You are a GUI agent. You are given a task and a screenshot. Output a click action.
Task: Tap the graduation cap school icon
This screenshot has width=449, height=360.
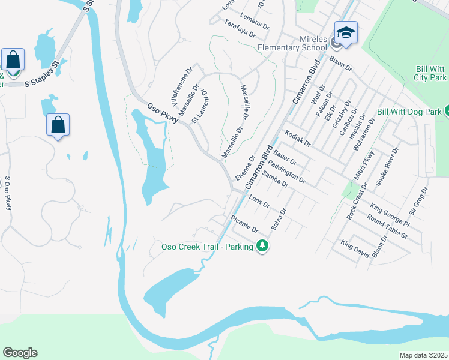coord(346,33)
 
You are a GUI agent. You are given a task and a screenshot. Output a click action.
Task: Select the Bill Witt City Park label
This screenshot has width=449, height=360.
coord(430,74)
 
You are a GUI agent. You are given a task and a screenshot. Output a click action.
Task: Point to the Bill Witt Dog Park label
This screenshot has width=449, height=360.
coord(409,112)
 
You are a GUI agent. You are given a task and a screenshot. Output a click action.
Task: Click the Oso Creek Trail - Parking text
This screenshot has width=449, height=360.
coord(208,247)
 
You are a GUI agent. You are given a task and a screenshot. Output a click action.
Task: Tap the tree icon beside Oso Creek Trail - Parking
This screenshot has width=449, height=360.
coord(262,246)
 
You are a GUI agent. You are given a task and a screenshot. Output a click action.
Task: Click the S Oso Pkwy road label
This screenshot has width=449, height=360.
coord(8,193)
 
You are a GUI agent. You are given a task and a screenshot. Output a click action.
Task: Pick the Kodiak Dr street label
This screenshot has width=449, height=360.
coord(298,139)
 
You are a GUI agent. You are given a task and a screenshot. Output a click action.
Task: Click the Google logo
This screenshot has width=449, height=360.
coord(20,353)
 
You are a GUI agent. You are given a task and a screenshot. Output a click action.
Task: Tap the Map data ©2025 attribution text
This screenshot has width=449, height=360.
coord(423,355)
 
